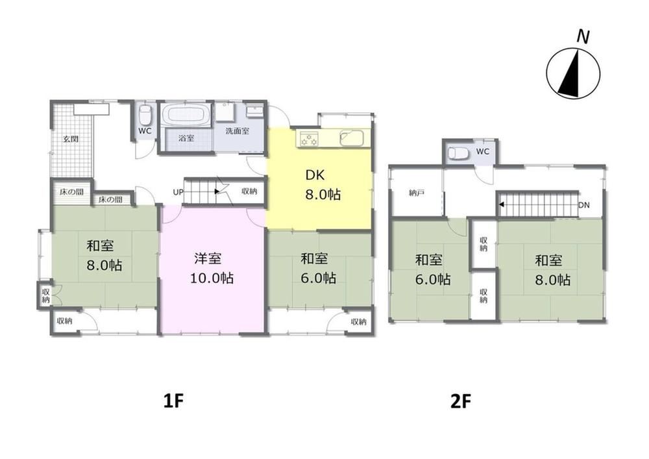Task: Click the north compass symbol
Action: [573, 73]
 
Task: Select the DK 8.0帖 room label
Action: [323, 184]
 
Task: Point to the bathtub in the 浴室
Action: [186, 114]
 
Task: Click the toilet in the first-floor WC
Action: [145, 114]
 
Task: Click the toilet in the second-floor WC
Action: [459, 153]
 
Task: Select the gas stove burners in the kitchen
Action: [309, 139]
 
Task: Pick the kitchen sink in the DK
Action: [351, 138]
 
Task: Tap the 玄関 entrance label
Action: [71, 139]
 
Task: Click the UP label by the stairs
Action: [178, 192]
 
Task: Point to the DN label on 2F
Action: [584, 205]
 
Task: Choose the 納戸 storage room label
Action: [416, 193]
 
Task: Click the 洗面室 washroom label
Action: [237, 131]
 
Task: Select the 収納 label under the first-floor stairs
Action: [250, 192]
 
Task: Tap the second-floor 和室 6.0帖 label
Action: [432, 270]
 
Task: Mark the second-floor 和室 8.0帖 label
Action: [552, 270]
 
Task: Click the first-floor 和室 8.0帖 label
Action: [104, 255]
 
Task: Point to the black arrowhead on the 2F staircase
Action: [502, 205]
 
